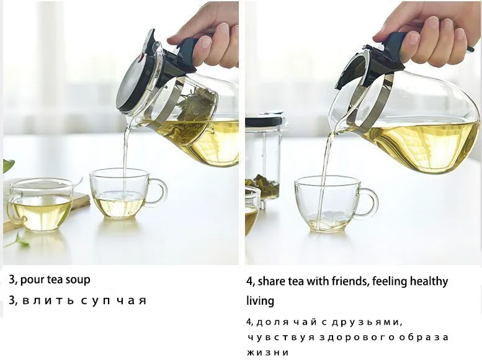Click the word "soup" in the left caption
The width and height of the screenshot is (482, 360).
point(79,280)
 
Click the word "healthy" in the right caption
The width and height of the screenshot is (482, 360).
point(429,282)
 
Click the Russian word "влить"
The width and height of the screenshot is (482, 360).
point(48,300)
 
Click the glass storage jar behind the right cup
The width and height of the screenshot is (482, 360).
point(264,160)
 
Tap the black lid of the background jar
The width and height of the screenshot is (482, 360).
point(264,120)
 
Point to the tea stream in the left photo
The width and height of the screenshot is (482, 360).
point(125,160)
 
